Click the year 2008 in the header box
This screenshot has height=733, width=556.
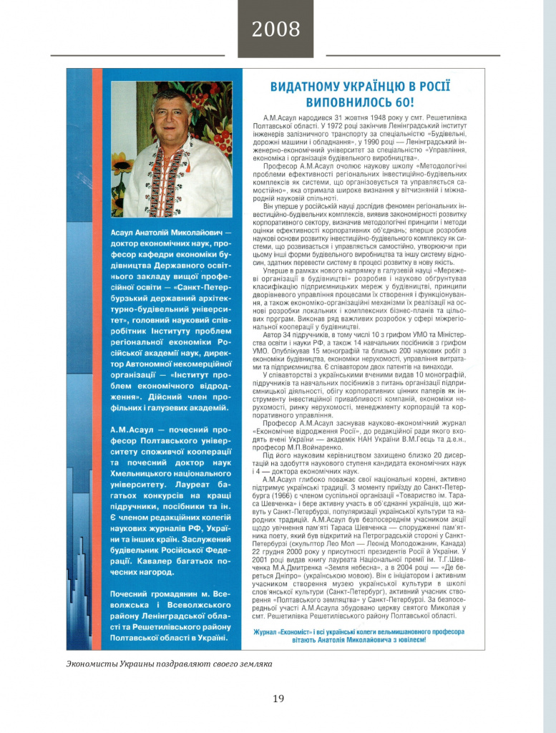pos(275,29)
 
